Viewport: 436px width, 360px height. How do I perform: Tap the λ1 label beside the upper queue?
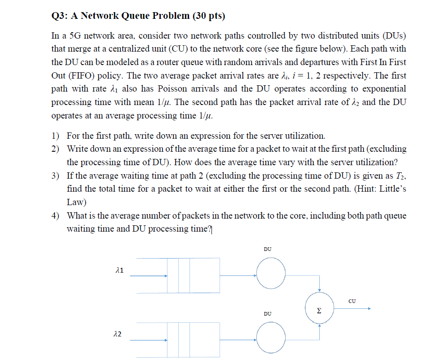120,270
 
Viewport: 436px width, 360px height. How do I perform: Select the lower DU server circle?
271,337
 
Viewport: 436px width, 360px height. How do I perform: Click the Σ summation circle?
319,308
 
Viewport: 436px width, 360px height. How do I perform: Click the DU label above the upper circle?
267,250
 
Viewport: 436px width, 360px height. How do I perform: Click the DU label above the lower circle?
267,313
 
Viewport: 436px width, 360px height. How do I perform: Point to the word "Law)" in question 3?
77,202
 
